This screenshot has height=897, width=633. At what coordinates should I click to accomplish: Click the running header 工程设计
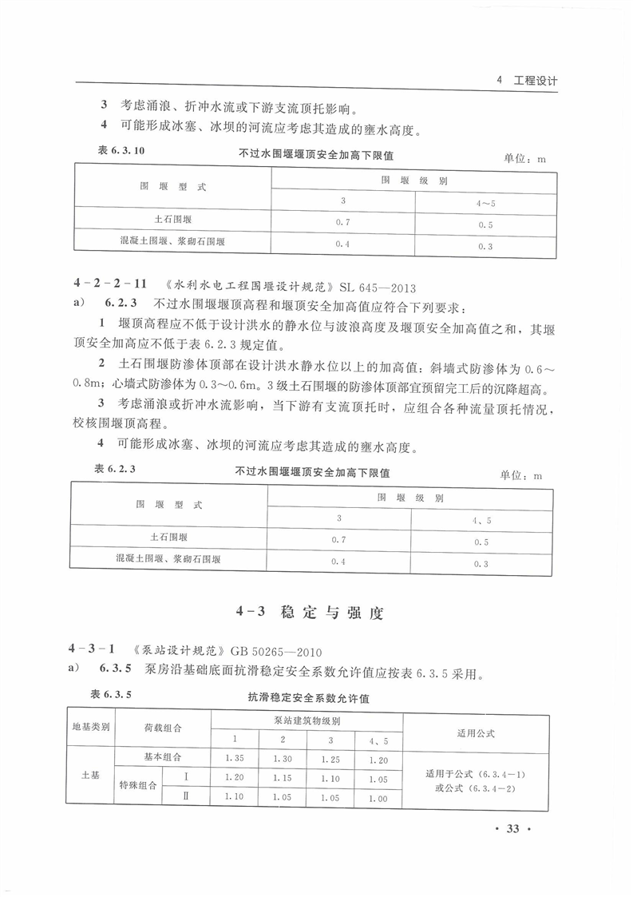pos(533,81)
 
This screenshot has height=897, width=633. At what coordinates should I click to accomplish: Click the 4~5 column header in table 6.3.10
pos(485,204)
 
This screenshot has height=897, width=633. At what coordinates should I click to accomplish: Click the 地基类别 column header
pos(91,728)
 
